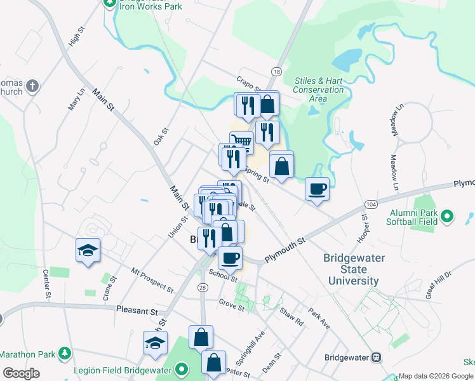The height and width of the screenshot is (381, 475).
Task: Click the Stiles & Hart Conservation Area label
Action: [318, 90]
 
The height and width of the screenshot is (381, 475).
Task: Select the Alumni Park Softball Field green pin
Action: [447, 217]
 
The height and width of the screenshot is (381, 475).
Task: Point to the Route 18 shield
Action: [275, 72]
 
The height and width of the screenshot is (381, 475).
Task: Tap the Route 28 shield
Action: [203, 288]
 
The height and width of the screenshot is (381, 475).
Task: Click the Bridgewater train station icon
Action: [376, 358]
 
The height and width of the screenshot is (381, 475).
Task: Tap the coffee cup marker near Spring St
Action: [317, 188]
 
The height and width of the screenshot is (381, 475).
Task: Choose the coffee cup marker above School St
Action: [230, 257]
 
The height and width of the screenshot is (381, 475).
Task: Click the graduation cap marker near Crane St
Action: [88, 250]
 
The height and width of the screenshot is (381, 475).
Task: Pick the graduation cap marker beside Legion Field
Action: [154, 343]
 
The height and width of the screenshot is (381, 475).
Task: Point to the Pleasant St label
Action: [137, 311]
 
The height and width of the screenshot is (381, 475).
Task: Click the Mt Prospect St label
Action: [152, 279]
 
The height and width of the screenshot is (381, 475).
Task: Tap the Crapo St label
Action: [249, 84]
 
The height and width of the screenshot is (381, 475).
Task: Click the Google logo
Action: [22, 373]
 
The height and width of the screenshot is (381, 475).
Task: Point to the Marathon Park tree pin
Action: [64, 354]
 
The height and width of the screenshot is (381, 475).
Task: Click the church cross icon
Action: [33, 85]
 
